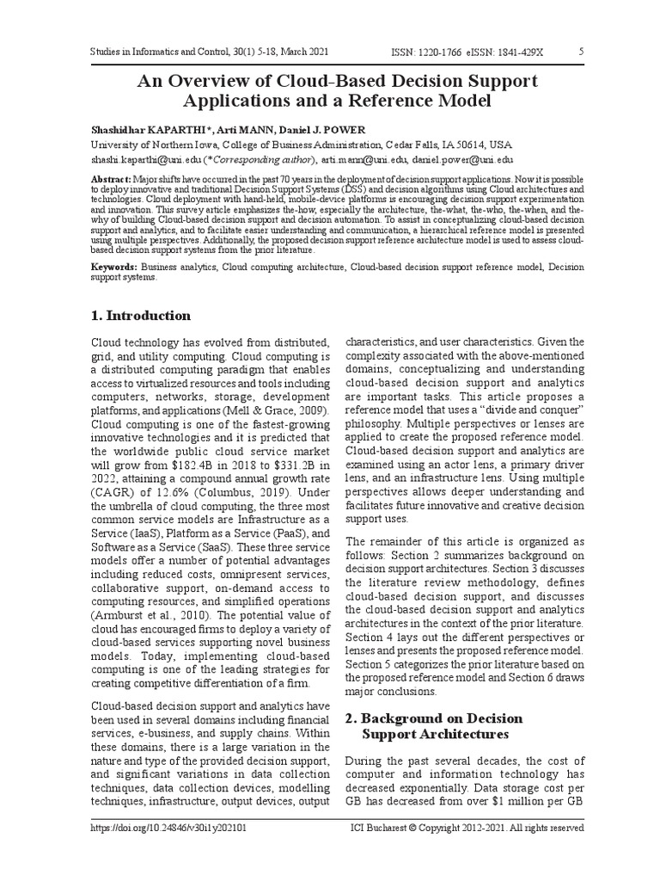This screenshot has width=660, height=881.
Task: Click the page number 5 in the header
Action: click(x=582, y=52)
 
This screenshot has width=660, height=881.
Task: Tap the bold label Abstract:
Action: click(x=112, y=177)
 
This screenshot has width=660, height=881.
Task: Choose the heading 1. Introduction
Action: click(x=141, y=315)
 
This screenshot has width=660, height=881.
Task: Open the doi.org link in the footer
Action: click(x=168, y=828)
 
